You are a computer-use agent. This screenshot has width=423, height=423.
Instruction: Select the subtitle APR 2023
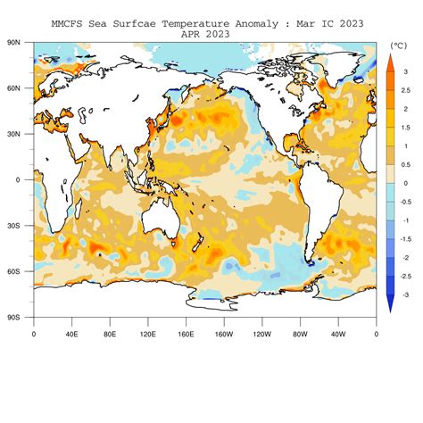pos(204,34)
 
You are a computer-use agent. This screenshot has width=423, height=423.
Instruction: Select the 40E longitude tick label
pos(71,334)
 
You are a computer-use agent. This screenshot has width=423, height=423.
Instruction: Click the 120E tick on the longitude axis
pos(147,334)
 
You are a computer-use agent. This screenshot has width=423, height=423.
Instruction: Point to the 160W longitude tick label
pos(224,334)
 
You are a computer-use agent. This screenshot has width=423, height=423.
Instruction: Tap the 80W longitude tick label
pos(300,334)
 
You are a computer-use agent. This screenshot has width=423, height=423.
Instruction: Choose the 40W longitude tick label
pos(338,334)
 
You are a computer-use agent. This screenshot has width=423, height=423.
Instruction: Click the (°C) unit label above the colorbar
pos(398,44)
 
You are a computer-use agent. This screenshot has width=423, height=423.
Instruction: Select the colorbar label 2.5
pos(406,89)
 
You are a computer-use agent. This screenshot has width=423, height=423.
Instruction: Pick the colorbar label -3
pos(405,294)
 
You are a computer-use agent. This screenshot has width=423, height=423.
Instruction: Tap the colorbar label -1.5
pos(406,239)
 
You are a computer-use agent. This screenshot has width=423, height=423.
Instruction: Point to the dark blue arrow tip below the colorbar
pos(390,305)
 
